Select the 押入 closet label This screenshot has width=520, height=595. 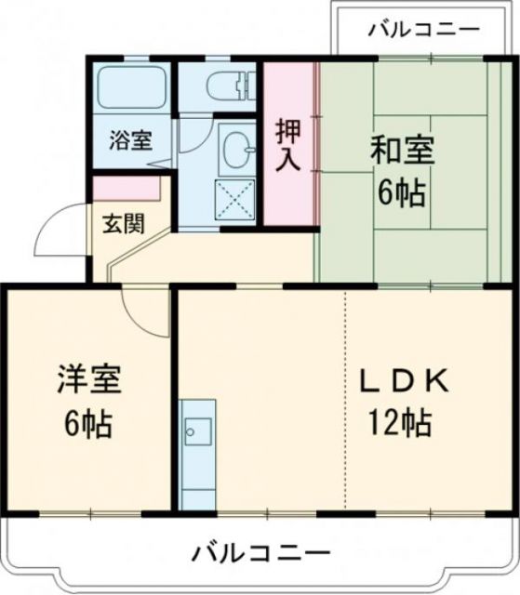coord(288,143)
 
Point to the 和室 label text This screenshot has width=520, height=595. coord(403,150)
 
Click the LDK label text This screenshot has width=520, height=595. coord(406,380)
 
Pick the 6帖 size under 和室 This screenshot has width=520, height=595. coord(402,192)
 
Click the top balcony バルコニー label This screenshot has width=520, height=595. coord(423,31)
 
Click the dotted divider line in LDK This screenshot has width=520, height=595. coord(345,400)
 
